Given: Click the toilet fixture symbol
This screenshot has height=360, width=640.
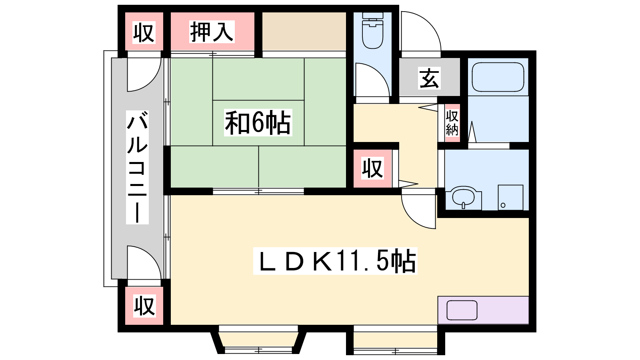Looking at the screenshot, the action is pos(372,30).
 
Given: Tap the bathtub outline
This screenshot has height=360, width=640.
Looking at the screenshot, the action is pos(498,77).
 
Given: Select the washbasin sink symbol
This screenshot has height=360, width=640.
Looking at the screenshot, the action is pos(464,197).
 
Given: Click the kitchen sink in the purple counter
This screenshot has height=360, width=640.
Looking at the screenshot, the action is pos(462,310).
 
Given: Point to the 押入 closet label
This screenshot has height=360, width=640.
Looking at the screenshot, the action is pos(212,32).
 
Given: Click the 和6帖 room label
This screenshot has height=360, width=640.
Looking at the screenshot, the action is pos(258,122).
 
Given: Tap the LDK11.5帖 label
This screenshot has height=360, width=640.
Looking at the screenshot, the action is pos(335,261).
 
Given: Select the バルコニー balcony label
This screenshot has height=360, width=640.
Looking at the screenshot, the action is pos(138,167).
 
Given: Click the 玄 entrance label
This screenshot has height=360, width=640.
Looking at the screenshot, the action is pos(429,78).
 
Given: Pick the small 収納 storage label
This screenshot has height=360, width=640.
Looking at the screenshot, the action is pos(452,123).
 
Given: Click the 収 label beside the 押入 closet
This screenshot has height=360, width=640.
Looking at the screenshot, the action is pos(144,32).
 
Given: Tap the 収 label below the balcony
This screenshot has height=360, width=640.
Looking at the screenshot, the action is pos(144,306).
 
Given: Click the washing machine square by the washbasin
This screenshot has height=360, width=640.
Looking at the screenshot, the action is pos(510,197).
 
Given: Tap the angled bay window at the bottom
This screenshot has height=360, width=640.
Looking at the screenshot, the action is pos(258,342).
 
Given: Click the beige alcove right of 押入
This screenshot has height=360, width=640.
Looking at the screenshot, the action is pos(304,32).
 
